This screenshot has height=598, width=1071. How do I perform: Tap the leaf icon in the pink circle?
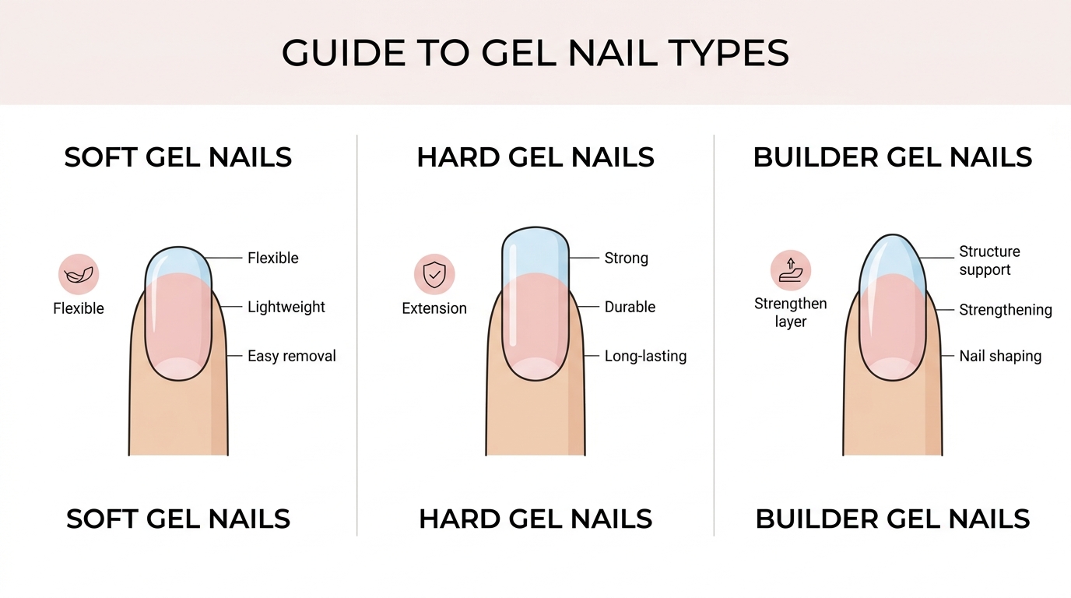(x=79, y=274)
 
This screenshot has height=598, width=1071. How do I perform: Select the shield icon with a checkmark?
(x=434, y=274)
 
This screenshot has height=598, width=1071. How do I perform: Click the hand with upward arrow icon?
(x=790, y=270)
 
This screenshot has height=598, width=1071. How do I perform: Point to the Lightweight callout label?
(x=286, y=307)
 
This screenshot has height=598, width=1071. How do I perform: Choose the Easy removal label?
(x=291, y=356)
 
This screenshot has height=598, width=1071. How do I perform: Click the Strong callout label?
(x=626, y=258)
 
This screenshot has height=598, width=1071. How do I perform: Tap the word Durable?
(x=630, y=307)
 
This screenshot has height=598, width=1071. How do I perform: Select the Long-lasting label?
(x=645, y=356)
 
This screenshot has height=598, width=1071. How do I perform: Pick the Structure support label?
(x=988, y=261)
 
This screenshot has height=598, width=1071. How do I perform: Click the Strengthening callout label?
(x=1005, y=310)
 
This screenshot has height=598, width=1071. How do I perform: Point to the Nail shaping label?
(x=999, y=356)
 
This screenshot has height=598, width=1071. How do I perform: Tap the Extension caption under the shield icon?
(x=434, y=308)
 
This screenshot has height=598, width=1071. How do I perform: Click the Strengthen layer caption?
(x=790, y=312)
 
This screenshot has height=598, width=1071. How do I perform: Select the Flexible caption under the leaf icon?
(x=79, y=308)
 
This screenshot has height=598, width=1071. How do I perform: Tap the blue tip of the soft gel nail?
(x=178, y=262)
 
